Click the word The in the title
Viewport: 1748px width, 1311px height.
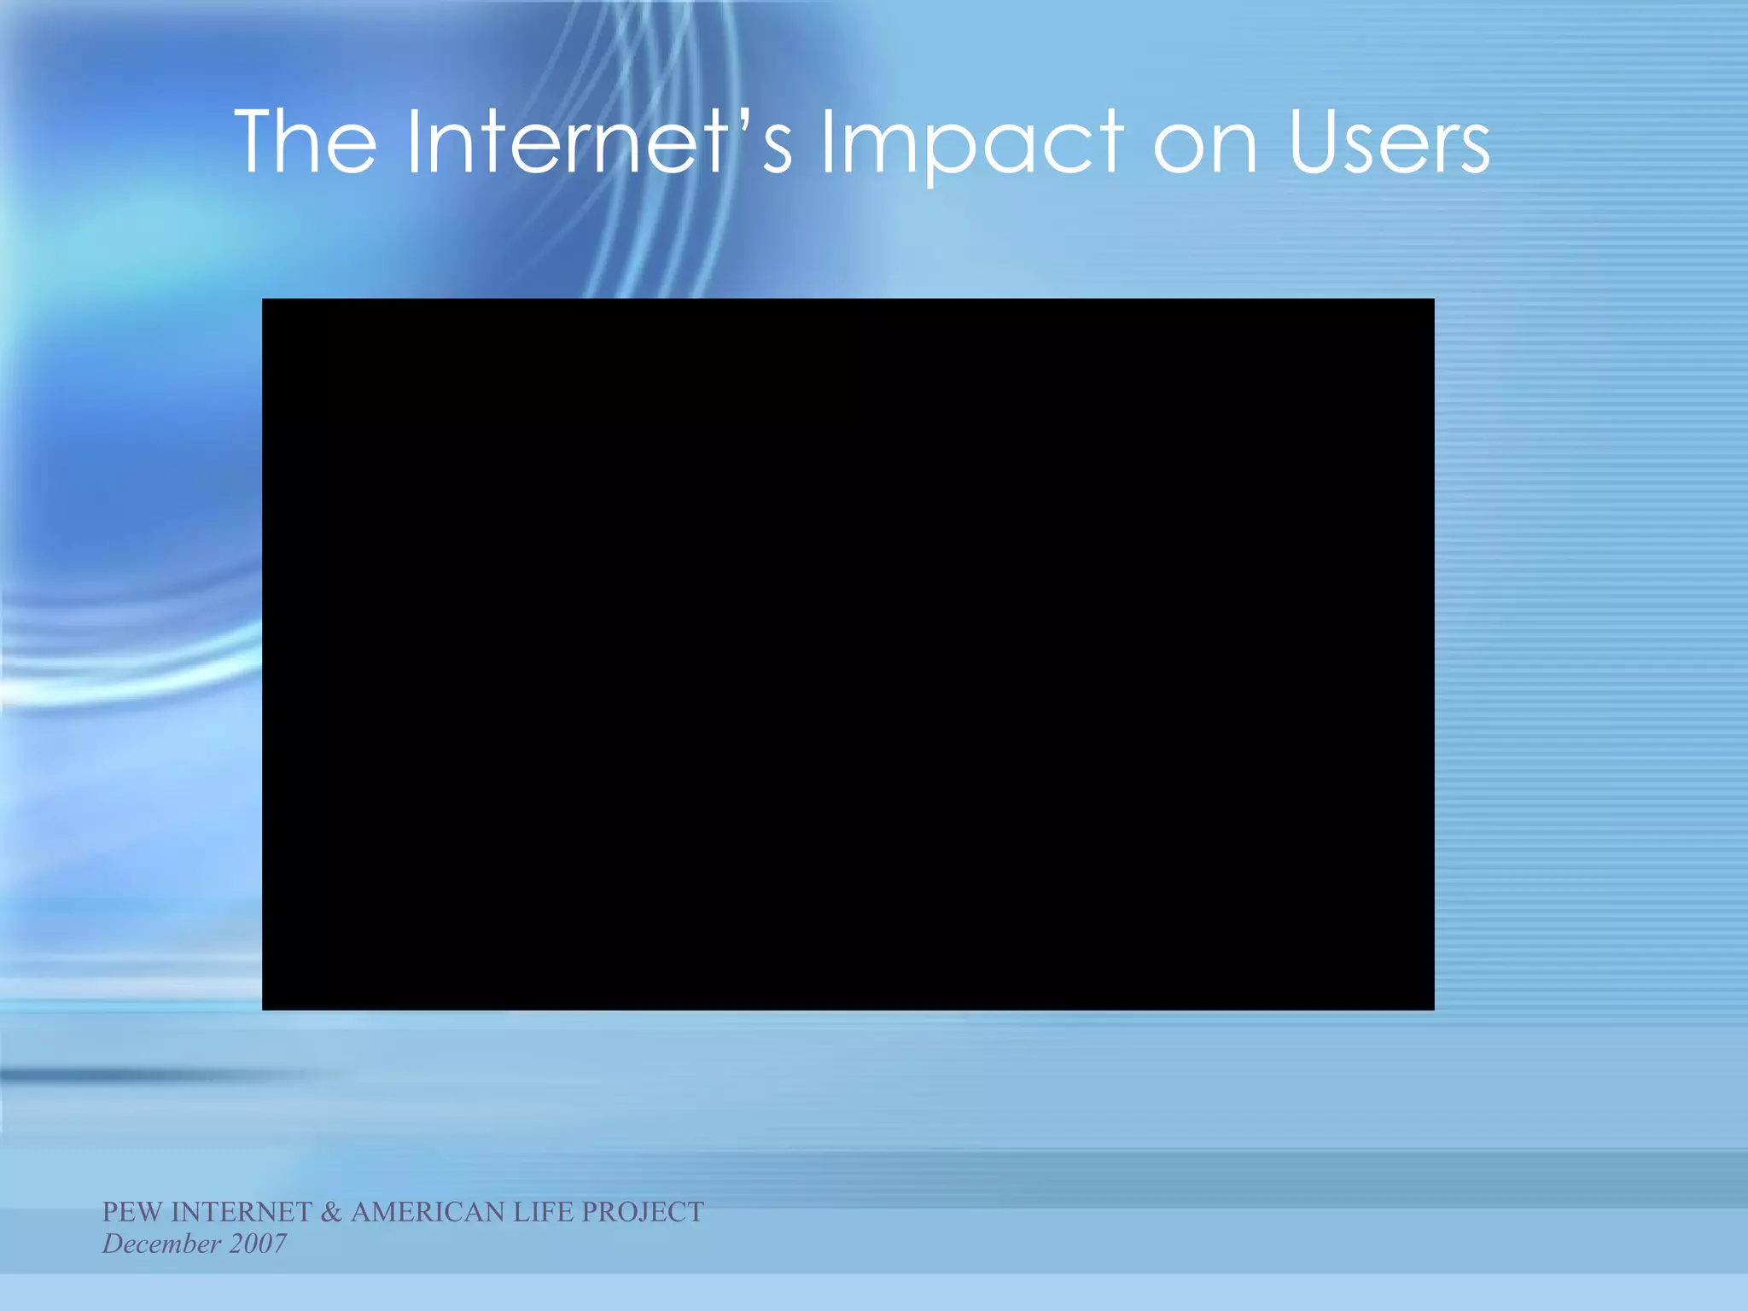[306, 142]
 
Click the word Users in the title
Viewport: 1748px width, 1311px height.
[1389, 143]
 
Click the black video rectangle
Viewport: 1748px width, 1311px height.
[848, 654]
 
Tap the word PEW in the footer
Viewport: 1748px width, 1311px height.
[132, 1212]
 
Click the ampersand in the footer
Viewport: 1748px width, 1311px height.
[331, 1212]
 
